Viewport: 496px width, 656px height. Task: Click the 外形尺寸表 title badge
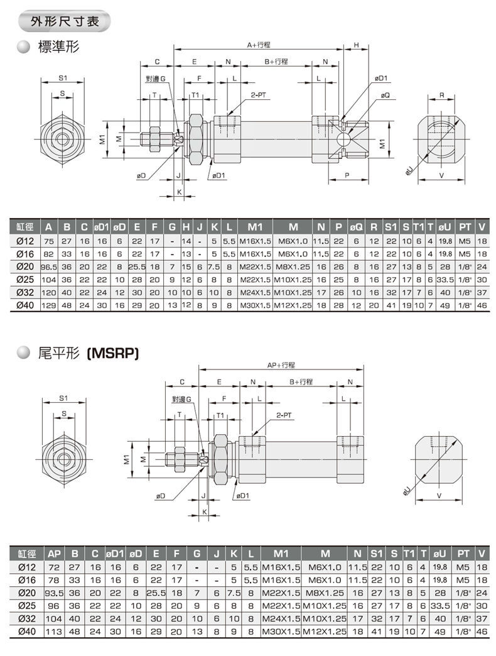click(64, 21)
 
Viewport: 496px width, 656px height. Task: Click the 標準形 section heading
click(58, 47)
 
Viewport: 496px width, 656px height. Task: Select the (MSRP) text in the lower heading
click(112, 354)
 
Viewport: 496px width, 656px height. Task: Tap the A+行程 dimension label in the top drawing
click(259, 45)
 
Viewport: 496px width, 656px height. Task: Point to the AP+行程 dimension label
click(281, 365)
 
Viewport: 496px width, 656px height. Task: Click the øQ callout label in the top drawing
click(385, 96)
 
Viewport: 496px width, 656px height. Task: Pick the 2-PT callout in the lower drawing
click(284, 415)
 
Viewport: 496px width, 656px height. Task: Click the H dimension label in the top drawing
click(357, 45)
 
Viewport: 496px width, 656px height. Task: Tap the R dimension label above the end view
click(441, 96)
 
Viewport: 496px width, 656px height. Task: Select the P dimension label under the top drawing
click(347, 176)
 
